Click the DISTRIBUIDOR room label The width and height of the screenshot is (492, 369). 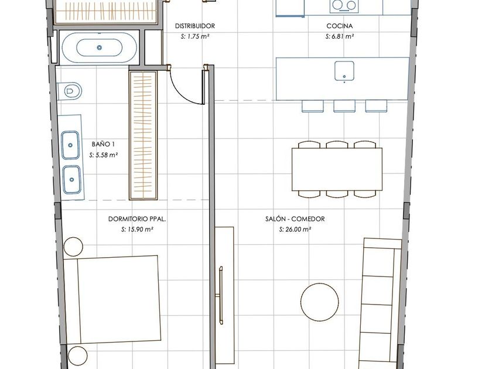(195, 26)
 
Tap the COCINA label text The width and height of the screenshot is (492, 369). (340, 26)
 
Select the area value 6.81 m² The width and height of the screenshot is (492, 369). (343, 36)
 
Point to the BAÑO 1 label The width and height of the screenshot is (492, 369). (103, 144)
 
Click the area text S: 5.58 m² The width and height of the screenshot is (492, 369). (103, 155)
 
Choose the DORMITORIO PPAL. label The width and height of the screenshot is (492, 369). (137, 219)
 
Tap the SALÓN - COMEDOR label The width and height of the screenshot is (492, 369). (295, 219)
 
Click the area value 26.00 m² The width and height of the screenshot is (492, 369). (298, 230)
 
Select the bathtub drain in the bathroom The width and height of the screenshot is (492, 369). (100, 47)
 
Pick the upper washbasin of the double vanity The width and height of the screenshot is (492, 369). (70, 145)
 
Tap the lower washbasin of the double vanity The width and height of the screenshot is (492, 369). (71, 179)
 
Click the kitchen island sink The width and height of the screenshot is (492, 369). (344, 71)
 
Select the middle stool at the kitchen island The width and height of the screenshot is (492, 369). (344, 106)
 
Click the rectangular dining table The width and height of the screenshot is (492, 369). (337, 169)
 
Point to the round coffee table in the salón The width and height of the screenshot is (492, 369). (320, 302)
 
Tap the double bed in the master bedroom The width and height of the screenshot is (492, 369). (111, 300)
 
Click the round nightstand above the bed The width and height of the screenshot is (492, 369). (73, 247)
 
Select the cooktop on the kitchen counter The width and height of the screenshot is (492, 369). (344, 6)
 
